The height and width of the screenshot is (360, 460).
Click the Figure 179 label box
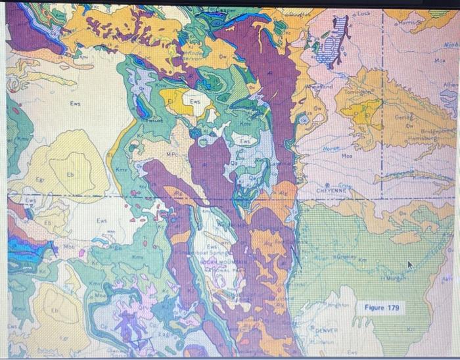(382, 307)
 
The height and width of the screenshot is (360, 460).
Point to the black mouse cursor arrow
(410, 265)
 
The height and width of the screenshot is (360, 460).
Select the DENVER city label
(326, 330)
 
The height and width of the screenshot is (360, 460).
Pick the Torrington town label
(352, 93)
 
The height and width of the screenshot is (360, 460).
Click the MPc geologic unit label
(172, 154)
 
